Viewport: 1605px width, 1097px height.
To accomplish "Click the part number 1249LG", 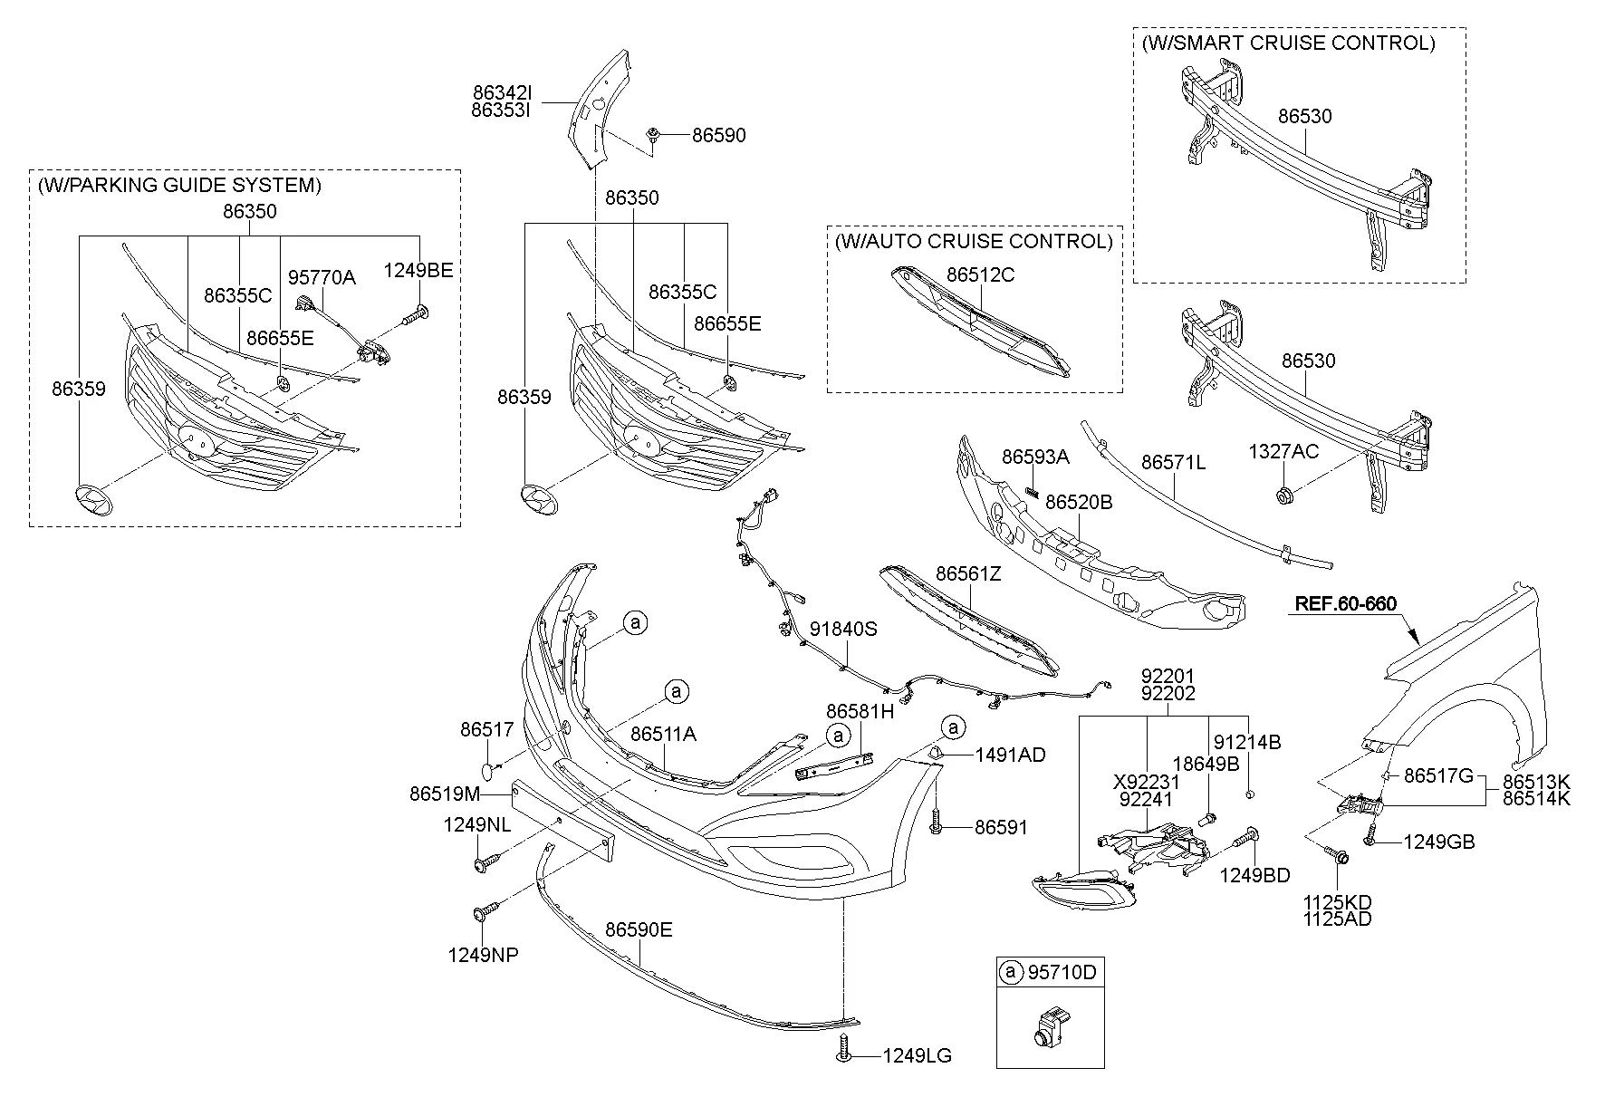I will pyautogui.click(x=917, y=1056).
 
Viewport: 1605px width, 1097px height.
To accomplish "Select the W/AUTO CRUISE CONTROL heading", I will pyautogui.click(x=974, y=241).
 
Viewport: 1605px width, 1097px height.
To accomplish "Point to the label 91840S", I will pyautogui.click(x=843, y=629).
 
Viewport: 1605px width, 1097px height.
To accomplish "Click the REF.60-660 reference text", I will pyautogui.click(x=1345, y=603).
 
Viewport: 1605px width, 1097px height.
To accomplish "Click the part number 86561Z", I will pyautogui.click(x=968, y=574).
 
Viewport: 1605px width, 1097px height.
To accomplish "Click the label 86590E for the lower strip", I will pyautogui.click(x=639, y=929).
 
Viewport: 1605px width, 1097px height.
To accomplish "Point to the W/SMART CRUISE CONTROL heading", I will pyautogui.click(x=1288, y=43).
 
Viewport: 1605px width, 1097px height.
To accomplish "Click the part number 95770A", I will pyautogui.click(x=322, y=277).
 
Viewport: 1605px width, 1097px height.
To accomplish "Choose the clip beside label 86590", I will pyautogui.click(x=652, y=135).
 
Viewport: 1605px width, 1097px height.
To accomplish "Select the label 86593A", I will pyautogui.click(x=1035, y=457).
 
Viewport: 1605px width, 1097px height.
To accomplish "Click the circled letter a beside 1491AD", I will pyautogui.click(x=953, y=727).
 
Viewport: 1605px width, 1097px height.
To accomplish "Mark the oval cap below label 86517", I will pyautogui.click(x=488, y=770).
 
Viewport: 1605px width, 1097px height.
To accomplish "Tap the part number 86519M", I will pyautogui.click(x=445, y=794).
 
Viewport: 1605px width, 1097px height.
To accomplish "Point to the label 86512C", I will pyautogui.click(x=981, y=274).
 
